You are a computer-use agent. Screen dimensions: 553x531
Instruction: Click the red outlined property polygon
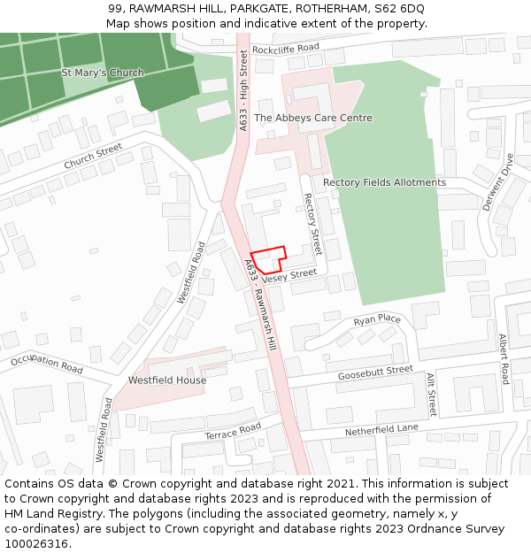coord(269,258)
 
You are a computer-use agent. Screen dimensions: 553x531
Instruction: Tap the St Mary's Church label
coord(103,73)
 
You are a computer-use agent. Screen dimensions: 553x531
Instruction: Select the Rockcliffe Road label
coord(285,48)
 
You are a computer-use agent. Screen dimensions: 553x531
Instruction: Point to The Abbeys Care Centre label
coord(312,118)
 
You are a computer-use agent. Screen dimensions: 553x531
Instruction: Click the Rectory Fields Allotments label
coord(384,182)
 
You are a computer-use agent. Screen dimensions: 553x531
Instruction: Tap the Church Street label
coord(93,157)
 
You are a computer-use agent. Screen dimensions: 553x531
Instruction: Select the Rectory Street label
coord(312,225)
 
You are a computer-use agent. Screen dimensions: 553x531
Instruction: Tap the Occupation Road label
coord(46,364)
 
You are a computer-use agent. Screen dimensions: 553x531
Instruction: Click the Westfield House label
coord(167,380)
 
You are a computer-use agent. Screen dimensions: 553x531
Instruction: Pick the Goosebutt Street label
coord(375,373)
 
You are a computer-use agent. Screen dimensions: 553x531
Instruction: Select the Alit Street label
coord(431,394)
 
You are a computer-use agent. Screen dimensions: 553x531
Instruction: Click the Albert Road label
coord(504,358)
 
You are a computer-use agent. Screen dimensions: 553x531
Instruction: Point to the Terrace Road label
coord(233,431)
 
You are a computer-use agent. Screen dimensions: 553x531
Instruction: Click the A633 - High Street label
coord(243,92)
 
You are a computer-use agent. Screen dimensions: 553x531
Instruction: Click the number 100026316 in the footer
coord(36,544)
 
